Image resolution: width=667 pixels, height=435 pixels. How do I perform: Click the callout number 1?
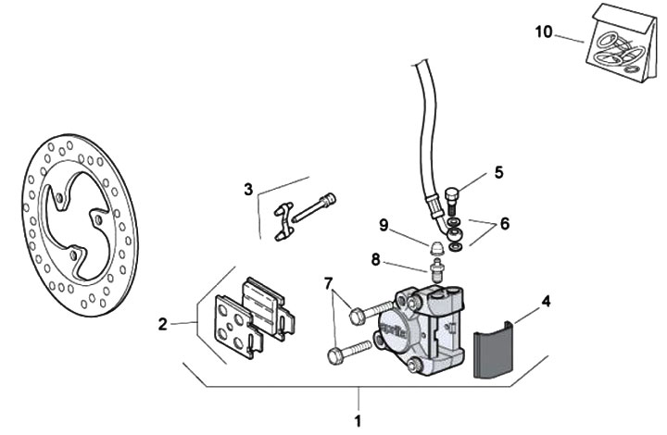point(358,421)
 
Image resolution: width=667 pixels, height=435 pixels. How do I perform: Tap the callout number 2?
point(163,324)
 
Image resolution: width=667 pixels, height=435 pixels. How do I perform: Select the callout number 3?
point(248,190)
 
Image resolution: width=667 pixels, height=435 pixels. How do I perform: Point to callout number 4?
point(547,301)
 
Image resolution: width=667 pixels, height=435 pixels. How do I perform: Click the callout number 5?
point(498,171)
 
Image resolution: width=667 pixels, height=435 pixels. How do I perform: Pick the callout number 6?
point(505,223)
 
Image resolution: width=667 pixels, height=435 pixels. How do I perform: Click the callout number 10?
point(544,31)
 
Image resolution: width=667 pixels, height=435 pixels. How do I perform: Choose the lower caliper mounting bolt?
point(348,353)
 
